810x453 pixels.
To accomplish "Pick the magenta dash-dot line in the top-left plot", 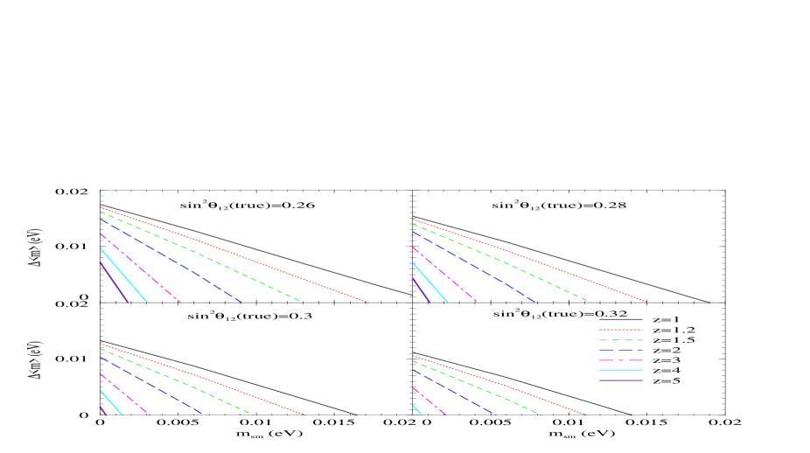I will pos(140,268).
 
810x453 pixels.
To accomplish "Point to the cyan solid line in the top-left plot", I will pos(123,275).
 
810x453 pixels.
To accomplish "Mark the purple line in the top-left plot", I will pos(114,282).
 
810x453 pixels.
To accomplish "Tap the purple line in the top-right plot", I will pos(421,290).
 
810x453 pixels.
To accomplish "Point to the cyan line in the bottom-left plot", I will pos(111,402).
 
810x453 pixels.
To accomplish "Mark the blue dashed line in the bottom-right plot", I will pos(455,393).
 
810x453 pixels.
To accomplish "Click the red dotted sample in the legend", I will pos(621,330).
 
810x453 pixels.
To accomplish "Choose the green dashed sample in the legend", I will pos(621,339).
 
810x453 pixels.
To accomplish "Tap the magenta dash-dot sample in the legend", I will pos(621,360).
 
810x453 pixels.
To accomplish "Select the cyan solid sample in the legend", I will pos(621,370).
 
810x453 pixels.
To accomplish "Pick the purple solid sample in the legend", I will pos(621,380).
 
